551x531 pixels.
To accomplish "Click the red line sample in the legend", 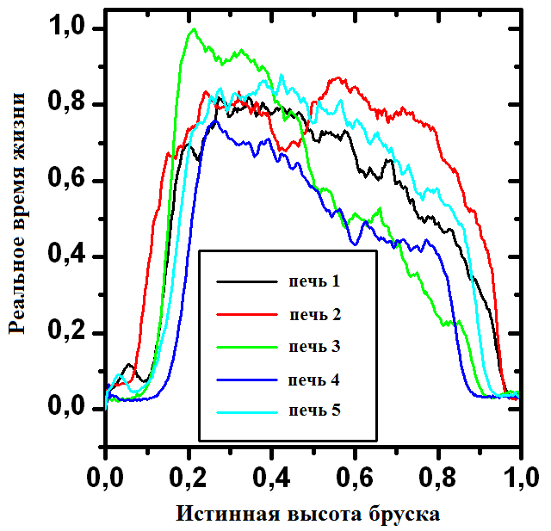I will click(246, 314).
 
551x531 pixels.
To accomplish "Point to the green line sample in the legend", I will click(246, 347).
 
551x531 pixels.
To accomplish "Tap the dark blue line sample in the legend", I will click(246, 380).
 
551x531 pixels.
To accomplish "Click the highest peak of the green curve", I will click(193, 30).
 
